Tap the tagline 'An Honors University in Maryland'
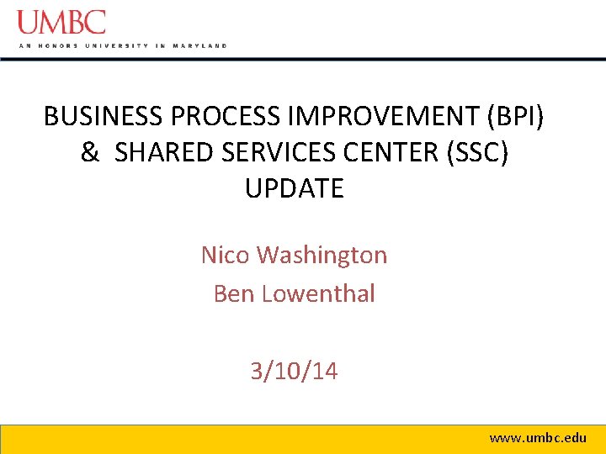coord(122,45)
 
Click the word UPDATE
coord(295,188)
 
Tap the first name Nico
coord(225,255)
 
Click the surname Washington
coord(322,255)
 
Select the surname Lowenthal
coord(319,293)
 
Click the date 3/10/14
coord(294,371)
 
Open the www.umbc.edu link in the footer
coord(538,438)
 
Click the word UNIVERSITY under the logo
coord(115,45)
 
